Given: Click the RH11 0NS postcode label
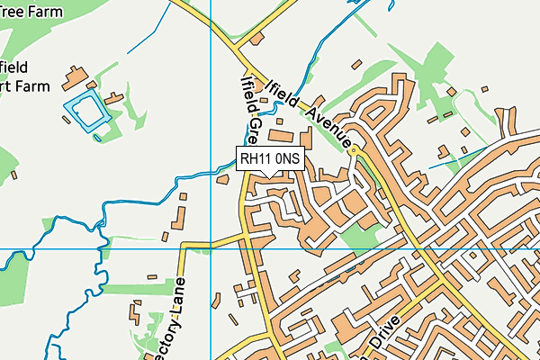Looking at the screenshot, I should coord(271,159).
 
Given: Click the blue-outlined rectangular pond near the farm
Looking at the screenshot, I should coord(87,110).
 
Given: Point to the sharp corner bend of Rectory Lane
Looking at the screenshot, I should coord(184,245).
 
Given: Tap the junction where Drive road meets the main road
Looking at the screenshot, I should coord(441,281).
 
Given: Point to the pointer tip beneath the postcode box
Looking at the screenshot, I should coord(271,175).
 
